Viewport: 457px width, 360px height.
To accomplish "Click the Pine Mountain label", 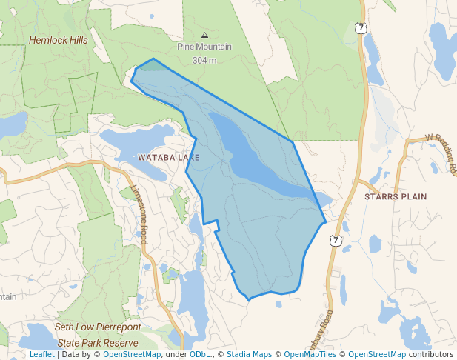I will (204, 47).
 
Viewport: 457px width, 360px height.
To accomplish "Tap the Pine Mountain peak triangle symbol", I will (204, 35).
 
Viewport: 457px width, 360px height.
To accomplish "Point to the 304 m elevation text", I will (204, 60).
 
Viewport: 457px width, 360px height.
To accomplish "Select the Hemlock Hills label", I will (58, 40).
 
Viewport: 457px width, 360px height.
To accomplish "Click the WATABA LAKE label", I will (168, 158).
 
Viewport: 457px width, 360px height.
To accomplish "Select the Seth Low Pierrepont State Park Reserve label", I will (97, 335).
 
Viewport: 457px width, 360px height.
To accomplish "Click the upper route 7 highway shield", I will (360, 28).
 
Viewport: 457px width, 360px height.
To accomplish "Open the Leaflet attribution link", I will (42, 354).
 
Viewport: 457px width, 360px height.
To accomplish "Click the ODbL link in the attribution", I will (199, 354).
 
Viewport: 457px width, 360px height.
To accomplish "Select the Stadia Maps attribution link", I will (249, 354).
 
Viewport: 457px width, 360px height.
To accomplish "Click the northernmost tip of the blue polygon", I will (153, 59).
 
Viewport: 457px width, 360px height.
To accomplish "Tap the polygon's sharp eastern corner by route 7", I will (326, 221).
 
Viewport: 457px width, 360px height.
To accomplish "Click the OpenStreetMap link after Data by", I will (132, 354).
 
